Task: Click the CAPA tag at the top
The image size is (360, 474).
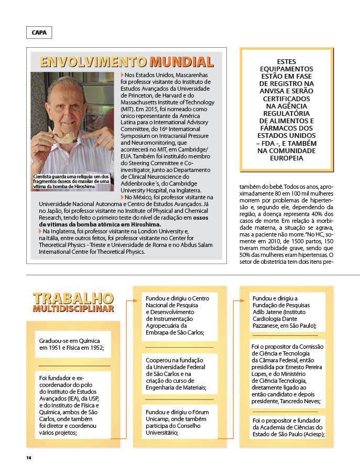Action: pyautogui.click(x=39, y=33)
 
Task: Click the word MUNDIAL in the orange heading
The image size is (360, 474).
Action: pyautogui.click(x=181, y=62)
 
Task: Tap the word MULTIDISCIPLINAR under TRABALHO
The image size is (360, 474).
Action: pyautogui.click(x=73, y=309)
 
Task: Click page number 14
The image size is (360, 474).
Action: pyautogui.click(x=29, y=458)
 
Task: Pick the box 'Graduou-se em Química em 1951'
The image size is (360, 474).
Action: pyautogui.click(x=73, y=344)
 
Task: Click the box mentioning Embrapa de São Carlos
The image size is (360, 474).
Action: pyautogui.click(x=178, y=315)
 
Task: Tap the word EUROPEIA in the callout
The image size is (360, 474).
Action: pyautogui.click(x=287, y=158)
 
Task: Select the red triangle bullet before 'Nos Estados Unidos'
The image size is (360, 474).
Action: pyautogui.click(x=122, y=76)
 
